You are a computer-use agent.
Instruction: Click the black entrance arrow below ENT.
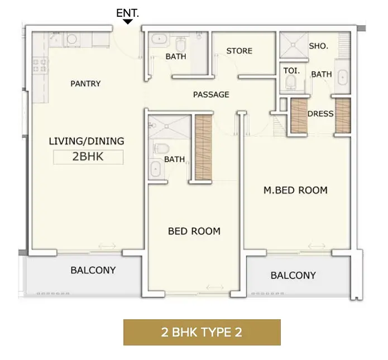pyautogui.click(x=128, y=22)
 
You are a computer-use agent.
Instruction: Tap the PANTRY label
pyautogui.click(x=85, y=84)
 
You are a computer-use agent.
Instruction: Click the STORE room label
pyautogui.click(x=239, y=51)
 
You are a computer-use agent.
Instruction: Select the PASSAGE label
pyautogui.click(x=211, y=94)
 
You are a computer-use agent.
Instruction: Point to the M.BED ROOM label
pyautogui.click(x=295, y=190)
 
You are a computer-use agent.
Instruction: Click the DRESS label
pyautogui.click(x=320, y=114)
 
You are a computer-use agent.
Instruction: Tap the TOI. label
pyautogui.click(x=291, y=71)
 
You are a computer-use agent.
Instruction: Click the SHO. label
pyautogui.click(x=318, y=46)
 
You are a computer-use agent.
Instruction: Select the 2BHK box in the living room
pyautogui.click(x=88, y=157)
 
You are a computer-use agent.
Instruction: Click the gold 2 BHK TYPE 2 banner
pyautogui.click(x=202, y=332)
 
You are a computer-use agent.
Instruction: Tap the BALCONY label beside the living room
pyautogui.click(x=93, y=270)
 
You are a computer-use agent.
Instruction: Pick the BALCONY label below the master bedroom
pyautogui.click(x=293, y=275)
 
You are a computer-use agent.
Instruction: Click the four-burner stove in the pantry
pyautogui.click(x=40, y=65)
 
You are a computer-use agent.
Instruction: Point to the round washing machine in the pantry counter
pyautogui.click(x=72, y=39)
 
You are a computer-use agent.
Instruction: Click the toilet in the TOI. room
pyautogui.click(x=290, y=81)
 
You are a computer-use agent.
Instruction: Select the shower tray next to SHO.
pyautogui.click(x=294, y=45)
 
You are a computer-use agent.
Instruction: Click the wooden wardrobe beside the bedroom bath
pyautogui.click(x=203, y=147)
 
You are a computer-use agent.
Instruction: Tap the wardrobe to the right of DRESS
pyautogui.click(x=343, y=116)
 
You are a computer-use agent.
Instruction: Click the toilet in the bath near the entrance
pyautogui.click(x=181, y=44)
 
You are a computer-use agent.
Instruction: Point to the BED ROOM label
pyautogui.click(x=194, y=231)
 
